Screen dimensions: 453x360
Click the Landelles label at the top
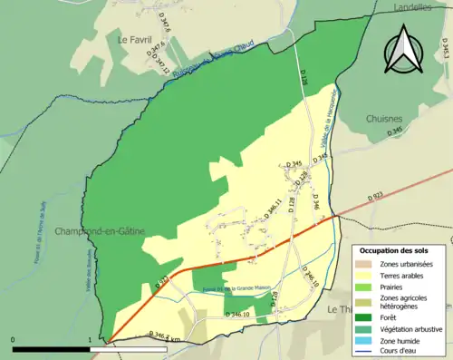coord(414,6)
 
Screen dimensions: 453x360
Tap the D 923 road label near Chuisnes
coord(375,196)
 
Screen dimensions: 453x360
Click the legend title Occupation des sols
coord(396,249)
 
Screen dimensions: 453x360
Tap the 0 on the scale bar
coord(13,339)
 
